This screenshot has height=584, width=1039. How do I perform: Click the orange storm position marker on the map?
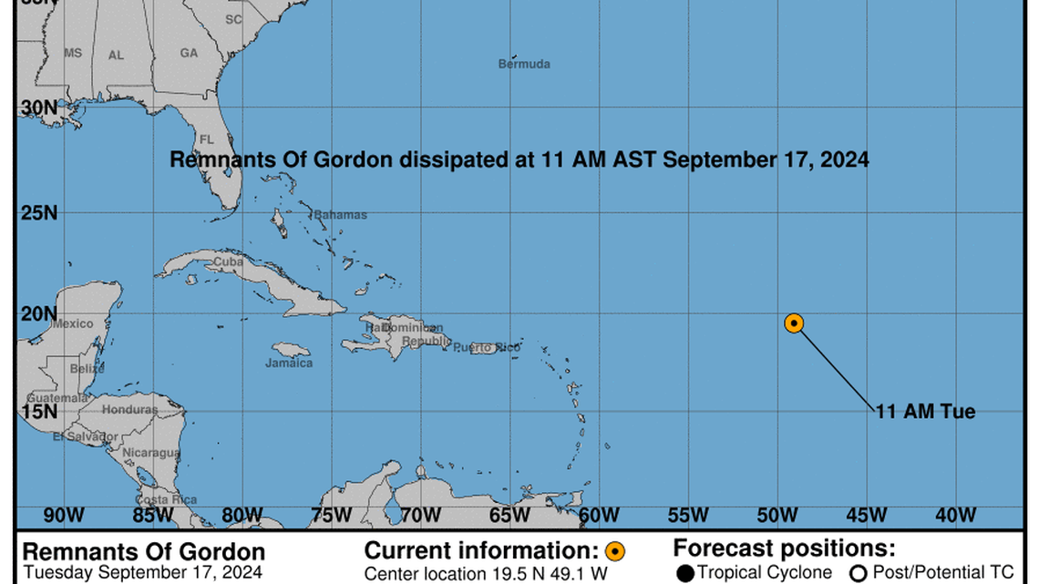pos(794,323)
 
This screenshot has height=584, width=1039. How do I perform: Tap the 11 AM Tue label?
pos(925,412)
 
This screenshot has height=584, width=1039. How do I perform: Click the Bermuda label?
pos(524,64)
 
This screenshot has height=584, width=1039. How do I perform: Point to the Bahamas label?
pos(340,215)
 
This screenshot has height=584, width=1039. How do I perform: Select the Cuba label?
pos(228,262)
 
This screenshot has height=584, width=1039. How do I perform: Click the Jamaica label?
pos(289,363)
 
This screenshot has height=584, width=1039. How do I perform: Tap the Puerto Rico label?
pos(487,347)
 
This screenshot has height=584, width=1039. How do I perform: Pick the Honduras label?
pos(129,410)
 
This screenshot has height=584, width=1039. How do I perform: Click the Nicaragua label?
pos(151,453)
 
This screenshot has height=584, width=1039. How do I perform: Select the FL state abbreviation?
pos(206,139)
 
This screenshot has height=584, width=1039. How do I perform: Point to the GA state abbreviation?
pos(189,53)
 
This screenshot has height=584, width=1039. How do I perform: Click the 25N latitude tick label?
pos(39,213)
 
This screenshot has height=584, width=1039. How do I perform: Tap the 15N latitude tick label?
pos(39,412)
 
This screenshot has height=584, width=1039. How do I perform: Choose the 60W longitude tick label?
pos(599,516)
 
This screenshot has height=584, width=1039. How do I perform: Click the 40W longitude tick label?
pos(956,516)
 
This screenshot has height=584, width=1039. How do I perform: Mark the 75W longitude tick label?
pos(331,516)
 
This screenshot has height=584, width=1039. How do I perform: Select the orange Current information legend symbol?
pos(615,551)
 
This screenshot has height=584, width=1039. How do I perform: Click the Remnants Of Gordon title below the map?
pos(144,552)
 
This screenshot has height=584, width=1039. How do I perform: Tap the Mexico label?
pos(72,323)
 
